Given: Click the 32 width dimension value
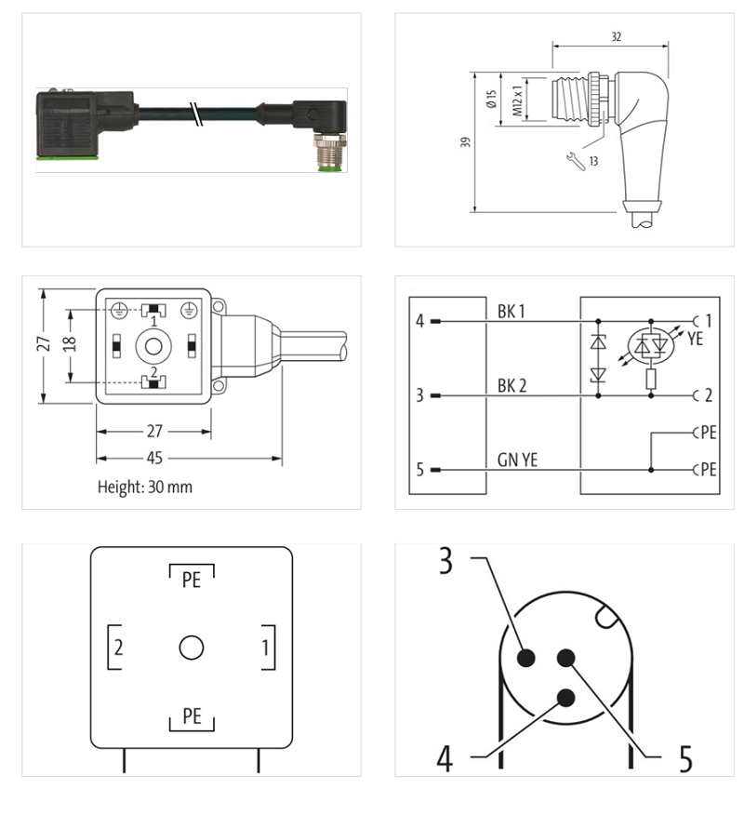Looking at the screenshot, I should point(617,37).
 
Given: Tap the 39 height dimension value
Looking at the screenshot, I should point(465,142).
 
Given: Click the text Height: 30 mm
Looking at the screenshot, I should point(145,487).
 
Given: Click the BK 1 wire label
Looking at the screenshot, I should point(511,312).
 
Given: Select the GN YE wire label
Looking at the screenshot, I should point(515,459).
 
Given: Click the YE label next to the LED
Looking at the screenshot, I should point(695,340).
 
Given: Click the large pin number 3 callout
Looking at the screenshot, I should point(446,562).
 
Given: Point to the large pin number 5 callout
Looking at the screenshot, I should point(684,758).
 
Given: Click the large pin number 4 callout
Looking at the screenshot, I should point(446,758).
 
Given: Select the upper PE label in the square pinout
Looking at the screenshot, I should point(191,580).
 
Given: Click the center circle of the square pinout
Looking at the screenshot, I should point(191,648).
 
